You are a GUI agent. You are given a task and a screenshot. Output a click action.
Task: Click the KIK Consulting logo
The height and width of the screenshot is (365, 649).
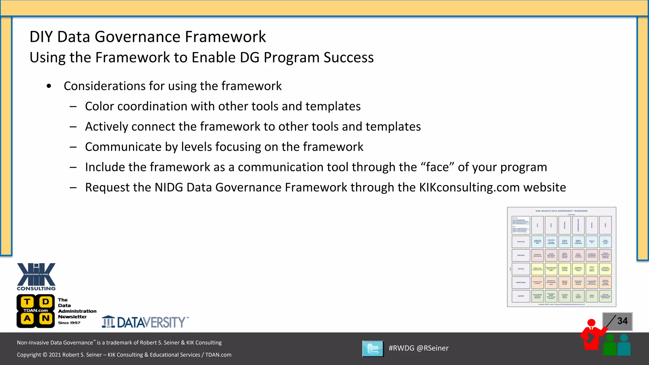36,276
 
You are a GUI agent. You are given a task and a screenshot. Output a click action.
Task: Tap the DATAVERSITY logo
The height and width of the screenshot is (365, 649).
145,322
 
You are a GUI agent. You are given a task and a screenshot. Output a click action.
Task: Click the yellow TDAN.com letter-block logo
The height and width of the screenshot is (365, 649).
36,311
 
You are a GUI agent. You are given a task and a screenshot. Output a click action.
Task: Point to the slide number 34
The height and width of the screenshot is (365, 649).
622,321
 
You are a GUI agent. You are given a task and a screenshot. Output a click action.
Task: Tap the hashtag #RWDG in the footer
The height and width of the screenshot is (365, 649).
401,348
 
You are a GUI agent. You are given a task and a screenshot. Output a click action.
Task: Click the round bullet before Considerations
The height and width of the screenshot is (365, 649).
49,86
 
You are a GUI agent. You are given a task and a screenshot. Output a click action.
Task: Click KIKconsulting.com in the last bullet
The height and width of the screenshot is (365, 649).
469,188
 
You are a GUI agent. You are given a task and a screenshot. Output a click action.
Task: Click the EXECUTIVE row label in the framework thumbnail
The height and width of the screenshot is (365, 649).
521,242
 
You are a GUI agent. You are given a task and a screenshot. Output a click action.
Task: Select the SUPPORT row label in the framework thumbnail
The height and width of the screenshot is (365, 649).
521,296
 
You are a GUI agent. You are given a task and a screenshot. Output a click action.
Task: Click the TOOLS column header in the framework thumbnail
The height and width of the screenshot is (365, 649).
605,225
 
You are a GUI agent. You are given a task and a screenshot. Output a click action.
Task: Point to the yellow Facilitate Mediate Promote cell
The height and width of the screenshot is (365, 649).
564,269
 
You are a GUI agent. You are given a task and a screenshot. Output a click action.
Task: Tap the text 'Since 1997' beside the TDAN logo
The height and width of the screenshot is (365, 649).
69,323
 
